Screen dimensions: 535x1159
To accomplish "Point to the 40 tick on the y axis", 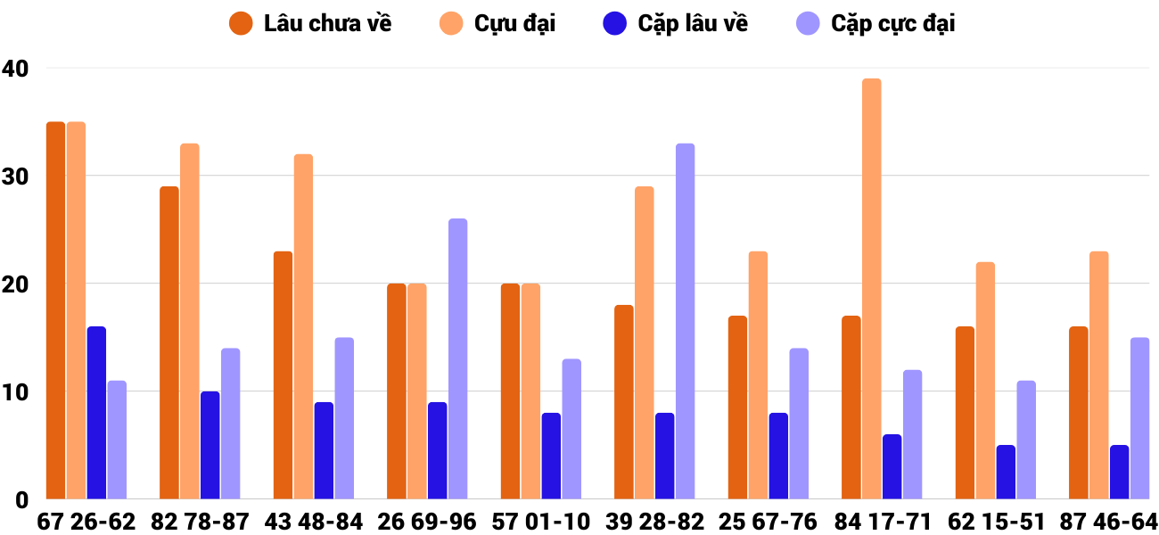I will (x=15, y=68).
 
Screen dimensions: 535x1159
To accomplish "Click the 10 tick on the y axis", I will (x=15, y=392).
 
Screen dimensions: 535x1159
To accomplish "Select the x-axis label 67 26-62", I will (x=86, y=521).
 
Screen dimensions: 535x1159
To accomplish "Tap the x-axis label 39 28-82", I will (x=654, y=521).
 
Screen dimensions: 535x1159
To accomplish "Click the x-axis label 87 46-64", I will (x=1108, y=521).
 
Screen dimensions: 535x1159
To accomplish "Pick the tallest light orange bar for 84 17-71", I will (x=871, y=289).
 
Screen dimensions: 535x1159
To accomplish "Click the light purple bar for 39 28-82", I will (x=685, y=321).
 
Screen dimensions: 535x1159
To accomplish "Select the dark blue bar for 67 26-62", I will (x=96, y=413).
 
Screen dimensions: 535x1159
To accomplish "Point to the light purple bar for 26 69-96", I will (x=457, y=358).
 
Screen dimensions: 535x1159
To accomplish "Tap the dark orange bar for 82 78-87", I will (x=169, y=342).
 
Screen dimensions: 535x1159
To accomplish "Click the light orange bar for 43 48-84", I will (x=303, y=326).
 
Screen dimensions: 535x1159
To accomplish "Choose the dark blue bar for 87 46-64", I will (x=1119, y=472).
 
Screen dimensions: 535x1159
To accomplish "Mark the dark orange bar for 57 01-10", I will (x=510, y=391).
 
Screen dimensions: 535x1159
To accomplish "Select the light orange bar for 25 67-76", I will (x=758, y=375).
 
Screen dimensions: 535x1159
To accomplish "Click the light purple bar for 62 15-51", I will (x=1026, y=440).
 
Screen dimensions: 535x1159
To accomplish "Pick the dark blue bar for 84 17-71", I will (x=892, y=466).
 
